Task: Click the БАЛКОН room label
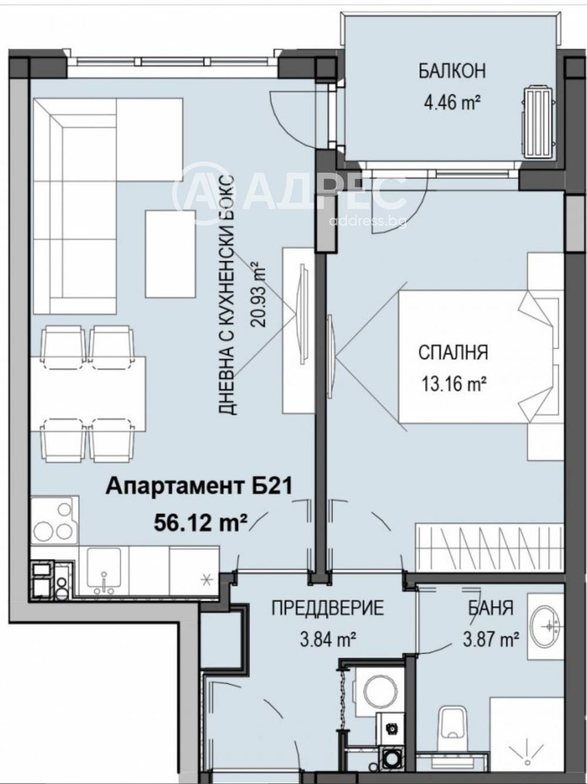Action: click(x=452, y=71)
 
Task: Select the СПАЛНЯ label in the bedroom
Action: click(x=453, y=352)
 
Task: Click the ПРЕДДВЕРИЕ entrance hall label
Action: click(x=328, y=607)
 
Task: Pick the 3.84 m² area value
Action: click(x=328, y=639)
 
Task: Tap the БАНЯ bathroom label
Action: click(x=490, y=607)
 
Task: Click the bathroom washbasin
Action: click(x=545, y=627)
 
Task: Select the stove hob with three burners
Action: click(x=53, y=520)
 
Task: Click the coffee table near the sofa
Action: click(x=170, y=254)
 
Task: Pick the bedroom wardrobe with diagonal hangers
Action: click(x=489, y=546)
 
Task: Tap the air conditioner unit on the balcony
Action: click(x=537, y=122)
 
